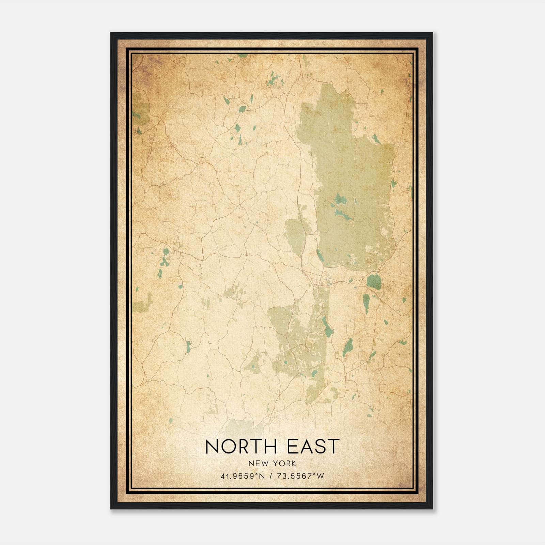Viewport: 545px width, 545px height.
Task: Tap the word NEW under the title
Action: click(x=258, y=464)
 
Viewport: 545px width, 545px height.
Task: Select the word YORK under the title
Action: click(x=284, y=464)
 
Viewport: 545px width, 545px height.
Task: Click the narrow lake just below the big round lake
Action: click(x=366, y=303)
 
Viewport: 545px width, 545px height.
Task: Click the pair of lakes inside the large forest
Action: click(x=341, y=208)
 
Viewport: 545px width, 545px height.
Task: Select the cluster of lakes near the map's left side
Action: click(x=165, y=259)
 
